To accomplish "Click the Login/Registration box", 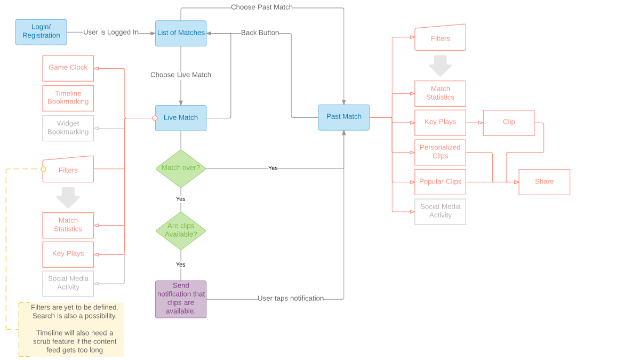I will pos(41,32).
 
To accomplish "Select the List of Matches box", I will pos(181,33).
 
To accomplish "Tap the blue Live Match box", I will pos(181,118).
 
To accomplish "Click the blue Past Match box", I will pos(344,117).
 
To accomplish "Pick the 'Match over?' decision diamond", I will pos(181,168).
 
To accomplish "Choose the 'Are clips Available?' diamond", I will pos(181,230).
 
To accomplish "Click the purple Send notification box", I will pos(181,299).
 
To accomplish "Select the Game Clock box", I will pos(68,68).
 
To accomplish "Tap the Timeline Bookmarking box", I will pos(68,98).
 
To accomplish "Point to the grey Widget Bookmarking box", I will pos(68,128).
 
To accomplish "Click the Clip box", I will pos(509,123).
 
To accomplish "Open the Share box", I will pos(544,182).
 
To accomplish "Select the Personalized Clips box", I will pos(441,152).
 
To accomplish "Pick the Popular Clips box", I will pos(441,182).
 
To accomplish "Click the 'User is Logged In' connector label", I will pos(111,33).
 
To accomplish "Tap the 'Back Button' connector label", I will pos(260,33).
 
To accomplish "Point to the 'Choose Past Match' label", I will pos(262,7).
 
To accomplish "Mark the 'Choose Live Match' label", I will pos(181,75).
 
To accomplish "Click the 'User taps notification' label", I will pos(291,299).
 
